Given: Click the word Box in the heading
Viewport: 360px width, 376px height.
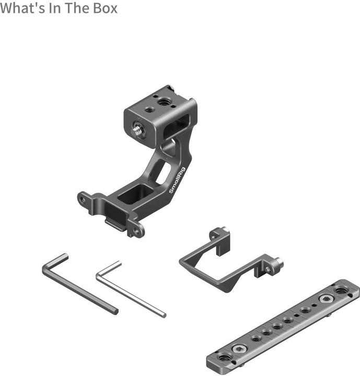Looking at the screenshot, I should (104, 8).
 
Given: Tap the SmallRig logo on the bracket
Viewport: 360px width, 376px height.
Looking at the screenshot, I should (177, 181).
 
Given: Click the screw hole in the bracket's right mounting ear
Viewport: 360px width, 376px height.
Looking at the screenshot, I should (137, 229).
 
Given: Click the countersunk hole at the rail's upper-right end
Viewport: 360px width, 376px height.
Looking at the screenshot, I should (341, 289).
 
